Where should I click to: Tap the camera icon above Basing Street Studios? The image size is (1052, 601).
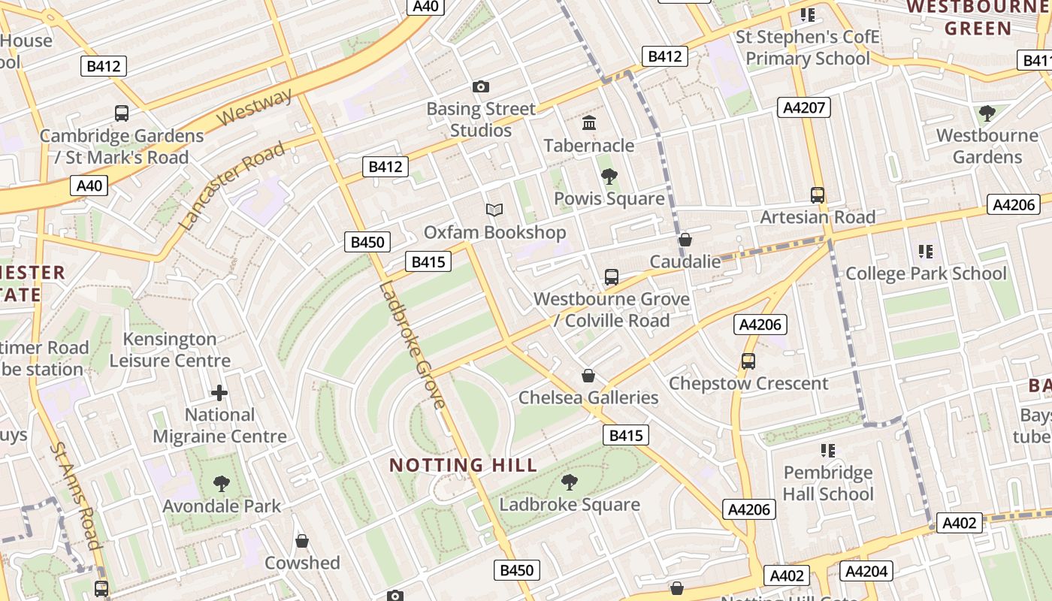click(x=481, y=87)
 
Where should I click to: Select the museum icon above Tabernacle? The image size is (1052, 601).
click(x=589, y=123)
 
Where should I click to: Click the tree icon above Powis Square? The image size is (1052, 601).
click(x=609, y=177)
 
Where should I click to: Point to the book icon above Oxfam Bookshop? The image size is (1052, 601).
click(x=494, y=210)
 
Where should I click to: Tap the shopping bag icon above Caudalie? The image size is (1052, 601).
click(x=685, y=240)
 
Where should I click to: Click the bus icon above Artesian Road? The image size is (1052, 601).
click(x=818, y=195)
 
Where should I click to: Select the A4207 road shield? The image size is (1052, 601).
click(x=804, y=107)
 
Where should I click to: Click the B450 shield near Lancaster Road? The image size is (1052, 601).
click(x=367, y=242)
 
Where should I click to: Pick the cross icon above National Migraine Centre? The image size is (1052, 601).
click(x=219, y=393)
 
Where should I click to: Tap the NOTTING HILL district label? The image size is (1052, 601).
click(x=464, y=465)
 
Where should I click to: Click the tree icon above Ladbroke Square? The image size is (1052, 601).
click(x=570, y=482)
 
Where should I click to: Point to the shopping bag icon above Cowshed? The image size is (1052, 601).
click(x=302, y=541)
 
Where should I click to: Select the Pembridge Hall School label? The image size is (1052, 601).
click(x=828, y=483)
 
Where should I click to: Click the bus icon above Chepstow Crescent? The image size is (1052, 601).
click(x=748, y=361)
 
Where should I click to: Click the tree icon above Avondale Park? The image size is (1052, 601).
click(x=222, y=483)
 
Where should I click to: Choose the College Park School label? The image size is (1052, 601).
click(x=926, y=273)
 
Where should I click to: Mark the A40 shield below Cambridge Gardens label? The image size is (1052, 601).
click(x=89, y=186)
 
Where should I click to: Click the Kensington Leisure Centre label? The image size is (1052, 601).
click(x=171, y=350)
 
